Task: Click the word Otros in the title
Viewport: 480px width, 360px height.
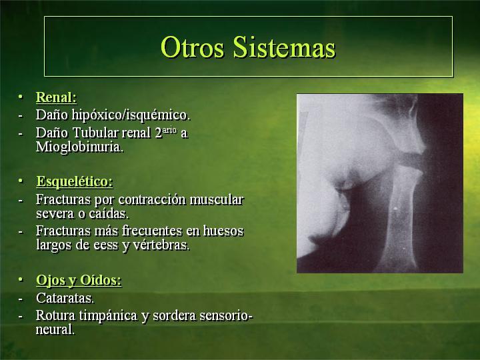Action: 192,47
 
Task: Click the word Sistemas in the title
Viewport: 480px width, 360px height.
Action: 284,47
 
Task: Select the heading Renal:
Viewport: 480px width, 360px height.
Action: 56,97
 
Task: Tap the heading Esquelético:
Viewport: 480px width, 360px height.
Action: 75,181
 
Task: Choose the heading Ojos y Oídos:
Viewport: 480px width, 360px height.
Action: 79,280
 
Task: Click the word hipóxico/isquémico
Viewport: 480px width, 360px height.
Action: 131,115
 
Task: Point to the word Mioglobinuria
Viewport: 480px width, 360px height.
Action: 79,147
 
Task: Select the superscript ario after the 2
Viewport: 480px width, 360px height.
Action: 169,130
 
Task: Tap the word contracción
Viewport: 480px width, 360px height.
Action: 152,199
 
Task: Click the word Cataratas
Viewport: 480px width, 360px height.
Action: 65,298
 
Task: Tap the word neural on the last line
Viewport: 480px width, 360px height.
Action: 55,330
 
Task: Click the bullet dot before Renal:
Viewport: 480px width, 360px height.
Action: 21,97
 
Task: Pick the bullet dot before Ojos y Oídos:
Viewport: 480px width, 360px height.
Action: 21,279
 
